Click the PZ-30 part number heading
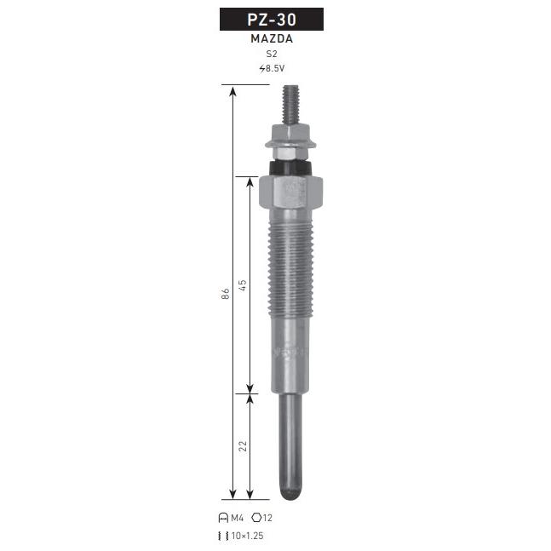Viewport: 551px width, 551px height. point(272,20)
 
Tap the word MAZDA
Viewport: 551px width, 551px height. point(272,38)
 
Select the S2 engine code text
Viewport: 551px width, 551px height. point(272,54)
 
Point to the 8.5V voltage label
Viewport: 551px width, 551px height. point(275,68)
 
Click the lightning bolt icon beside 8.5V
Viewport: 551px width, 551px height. point(262,68)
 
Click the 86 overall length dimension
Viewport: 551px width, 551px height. point(225,294)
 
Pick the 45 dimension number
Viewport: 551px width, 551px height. point(243,285)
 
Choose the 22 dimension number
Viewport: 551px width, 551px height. point(243,446)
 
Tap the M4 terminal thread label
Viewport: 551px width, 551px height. point(238,518)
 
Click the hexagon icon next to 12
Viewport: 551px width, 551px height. point(256,517)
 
